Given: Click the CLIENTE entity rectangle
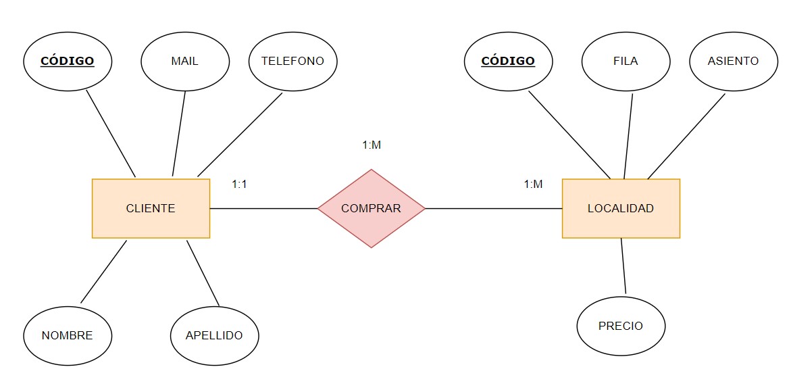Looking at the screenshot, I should [x=151, y=208].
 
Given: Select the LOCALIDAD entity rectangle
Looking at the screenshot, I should [x=621, y=208].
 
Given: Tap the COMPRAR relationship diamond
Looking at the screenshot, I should [x=371, y=208].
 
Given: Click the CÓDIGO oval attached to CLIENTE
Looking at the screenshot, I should [x=68, y=62].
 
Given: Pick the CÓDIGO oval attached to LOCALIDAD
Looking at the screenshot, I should [x=508, y=62].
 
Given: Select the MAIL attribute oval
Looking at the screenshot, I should [x=184, y=62].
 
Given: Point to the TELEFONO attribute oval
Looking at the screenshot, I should [x=292, y=62].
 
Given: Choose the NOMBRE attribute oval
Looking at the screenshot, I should [x=67, y=335].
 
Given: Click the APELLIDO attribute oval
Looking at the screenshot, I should [x=214, y=335].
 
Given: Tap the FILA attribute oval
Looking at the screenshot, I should [x=626, y=62].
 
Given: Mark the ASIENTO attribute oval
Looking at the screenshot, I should [x=733, y=62].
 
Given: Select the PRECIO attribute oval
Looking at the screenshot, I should [x=621, y=326].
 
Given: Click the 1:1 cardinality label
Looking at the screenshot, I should [x=239, y=184].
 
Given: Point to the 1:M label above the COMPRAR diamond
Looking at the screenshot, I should [x=372, y=145].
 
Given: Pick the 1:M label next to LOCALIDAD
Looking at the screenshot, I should [x=533, y=184].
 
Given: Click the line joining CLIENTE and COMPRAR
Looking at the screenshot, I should [x=263, y=208].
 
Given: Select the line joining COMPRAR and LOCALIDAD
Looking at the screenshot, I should [x=493, y=208].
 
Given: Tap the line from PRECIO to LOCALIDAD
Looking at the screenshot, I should [x=623, y=267].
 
